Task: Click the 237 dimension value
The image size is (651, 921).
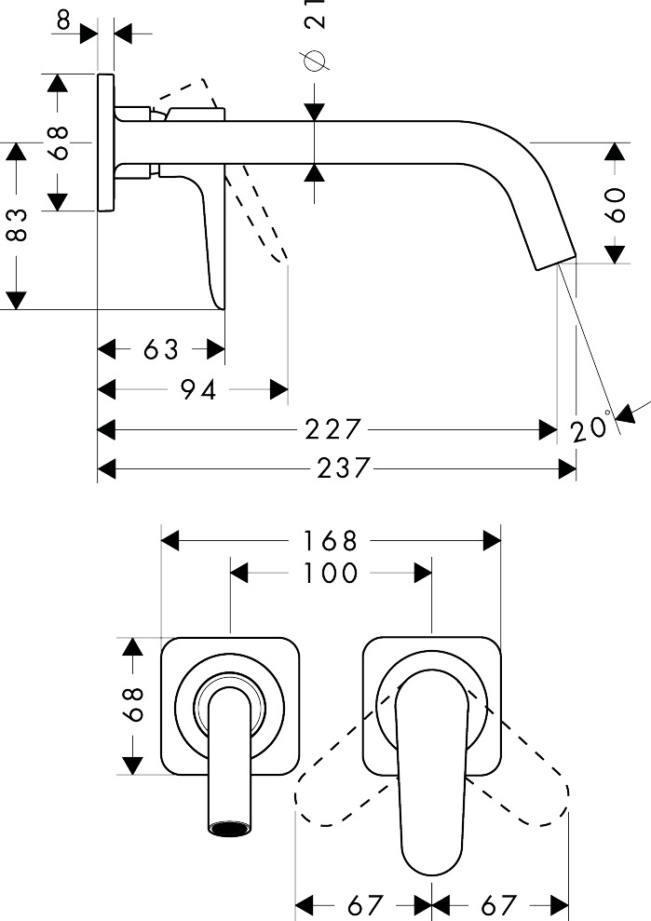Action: click(x=344, y=467)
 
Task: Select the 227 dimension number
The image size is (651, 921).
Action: click(x=333, y=429)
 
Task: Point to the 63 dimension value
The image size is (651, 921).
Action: click(x=161, y=349)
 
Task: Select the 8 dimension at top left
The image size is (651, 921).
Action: click(x=63, y=20)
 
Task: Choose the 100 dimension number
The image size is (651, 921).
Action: click(x=331, y=573)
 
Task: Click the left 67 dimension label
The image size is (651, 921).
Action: click(x=364, y=904)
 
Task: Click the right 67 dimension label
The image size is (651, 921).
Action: click(x=498, y=904)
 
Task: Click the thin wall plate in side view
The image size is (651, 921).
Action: click(x=105, y=142)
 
